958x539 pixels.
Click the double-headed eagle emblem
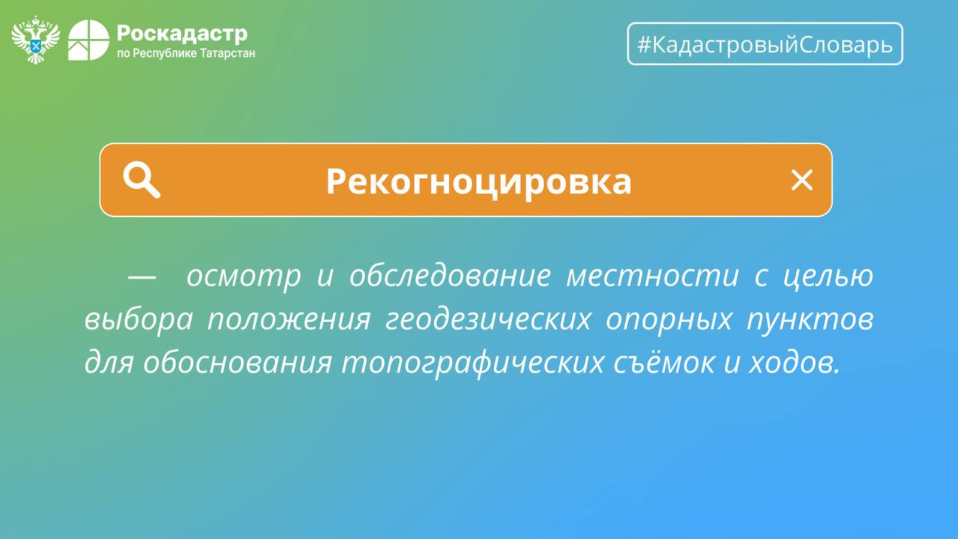pos(35,40)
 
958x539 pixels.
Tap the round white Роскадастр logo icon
pos(89,40)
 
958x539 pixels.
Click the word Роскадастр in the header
pos(182,34)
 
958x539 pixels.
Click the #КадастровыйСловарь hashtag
pos(765,44)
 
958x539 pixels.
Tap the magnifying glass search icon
pos(141,180)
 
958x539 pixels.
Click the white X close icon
pos(802,180)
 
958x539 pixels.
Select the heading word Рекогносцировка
pos(479,181)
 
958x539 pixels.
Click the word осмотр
pos(244,276)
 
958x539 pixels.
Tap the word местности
pos(653,276)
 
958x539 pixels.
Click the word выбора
pos(138,320)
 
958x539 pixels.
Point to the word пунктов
pos(810,320)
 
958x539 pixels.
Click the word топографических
pos(473,363)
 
